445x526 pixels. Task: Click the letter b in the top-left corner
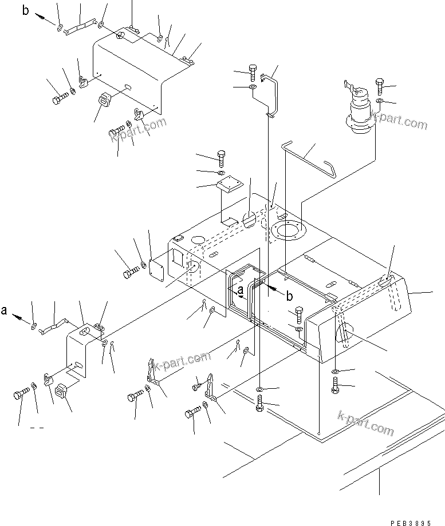(x=26, y=10)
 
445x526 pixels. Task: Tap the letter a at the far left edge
(x=4, y=310)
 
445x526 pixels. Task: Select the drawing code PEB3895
(x=411, y=523)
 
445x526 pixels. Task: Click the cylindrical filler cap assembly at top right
(x=359, y=107)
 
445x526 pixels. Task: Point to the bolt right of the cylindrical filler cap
(x=380, y=86)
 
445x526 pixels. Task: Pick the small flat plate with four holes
(x=229, y=185)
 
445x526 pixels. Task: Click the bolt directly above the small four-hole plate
(x=222, y=159)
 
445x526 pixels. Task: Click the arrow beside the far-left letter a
(x=21, y=318)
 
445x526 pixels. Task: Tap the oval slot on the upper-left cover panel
(x=128, y=87)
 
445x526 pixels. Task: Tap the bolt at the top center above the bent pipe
(x=253, y=73)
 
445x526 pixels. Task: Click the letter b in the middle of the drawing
(x=289, y=296)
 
